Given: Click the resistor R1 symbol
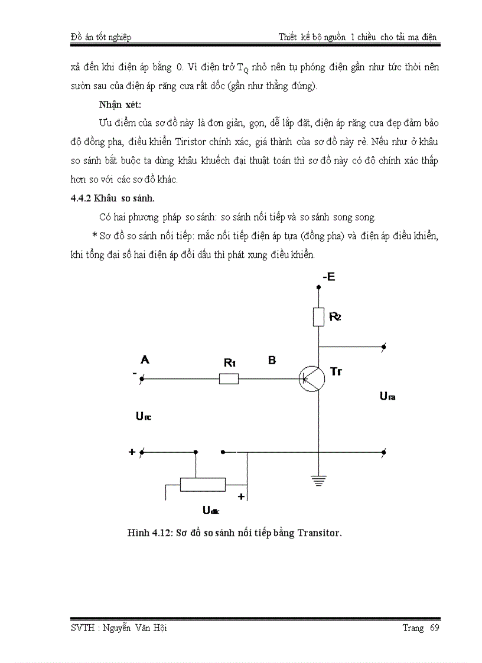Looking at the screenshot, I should [229, 378].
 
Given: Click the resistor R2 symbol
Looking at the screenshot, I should [318, 317].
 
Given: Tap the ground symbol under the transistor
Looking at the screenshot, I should [318, 480].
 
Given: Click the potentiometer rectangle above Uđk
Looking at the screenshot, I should [203, 485].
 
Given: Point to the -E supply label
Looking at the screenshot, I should [328, 277].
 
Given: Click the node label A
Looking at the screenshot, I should [144, 359].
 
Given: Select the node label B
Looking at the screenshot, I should [272, 360].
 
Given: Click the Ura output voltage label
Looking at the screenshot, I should [387, 396].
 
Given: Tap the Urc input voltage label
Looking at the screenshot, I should [144, 417].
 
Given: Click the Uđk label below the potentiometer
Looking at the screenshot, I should [211, 511].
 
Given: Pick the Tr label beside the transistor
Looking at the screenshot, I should [336, 371].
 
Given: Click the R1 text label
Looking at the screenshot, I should [230, 363].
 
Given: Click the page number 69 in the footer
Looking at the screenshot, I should [435, 628].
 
